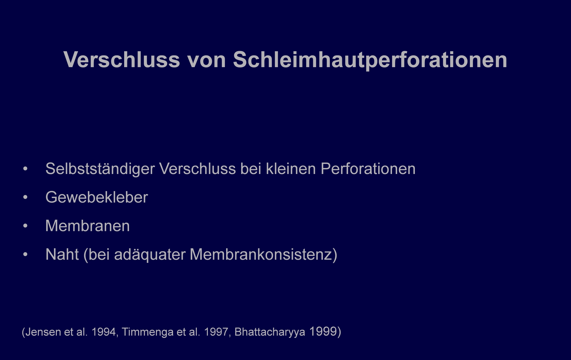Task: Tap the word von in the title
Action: pos(207,61)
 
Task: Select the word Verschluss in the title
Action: pos(122,60)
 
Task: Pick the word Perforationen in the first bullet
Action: pos(368,169)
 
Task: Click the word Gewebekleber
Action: pos(96,197)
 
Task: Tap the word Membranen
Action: pos(88,226)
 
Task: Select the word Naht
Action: pos(62,254)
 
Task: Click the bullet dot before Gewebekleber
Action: pos(25,197)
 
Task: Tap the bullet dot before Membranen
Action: pos(25,226)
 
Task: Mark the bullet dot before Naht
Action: pos(25,255)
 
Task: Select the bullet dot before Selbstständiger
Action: pos(25,169)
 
